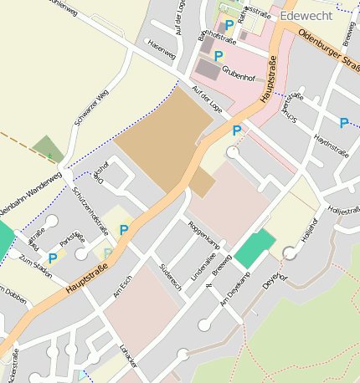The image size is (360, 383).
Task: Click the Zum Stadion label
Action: [x=36, y=268]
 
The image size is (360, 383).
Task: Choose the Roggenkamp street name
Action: [x=205, y=234]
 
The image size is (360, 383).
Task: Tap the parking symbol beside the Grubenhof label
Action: [x=219, y=56]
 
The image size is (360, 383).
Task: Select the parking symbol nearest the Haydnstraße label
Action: [x=343, y=123]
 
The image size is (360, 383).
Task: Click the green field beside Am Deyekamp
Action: [x=255, y=248]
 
